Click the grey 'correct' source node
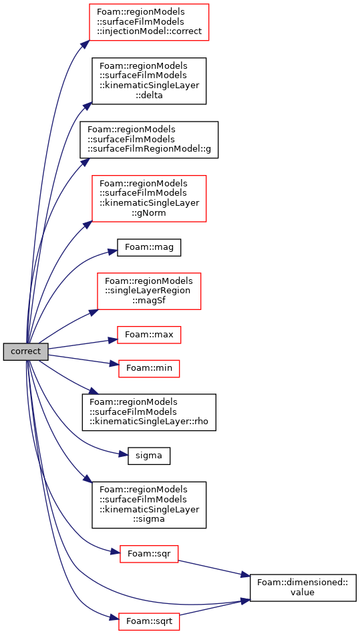26,351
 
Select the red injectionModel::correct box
149,22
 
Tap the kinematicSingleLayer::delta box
149,81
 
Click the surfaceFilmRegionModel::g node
149,140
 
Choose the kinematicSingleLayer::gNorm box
149,198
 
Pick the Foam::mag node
149,247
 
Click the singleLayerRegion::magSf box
149,291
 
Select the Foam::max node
149,335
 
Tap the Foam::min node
149,369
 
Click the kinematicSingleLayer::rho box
149,412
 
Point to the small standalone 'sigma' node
149,456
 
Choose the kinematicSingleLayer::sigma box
149,504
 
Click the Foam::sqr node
149,554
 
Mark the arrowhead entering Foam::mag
112,252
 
